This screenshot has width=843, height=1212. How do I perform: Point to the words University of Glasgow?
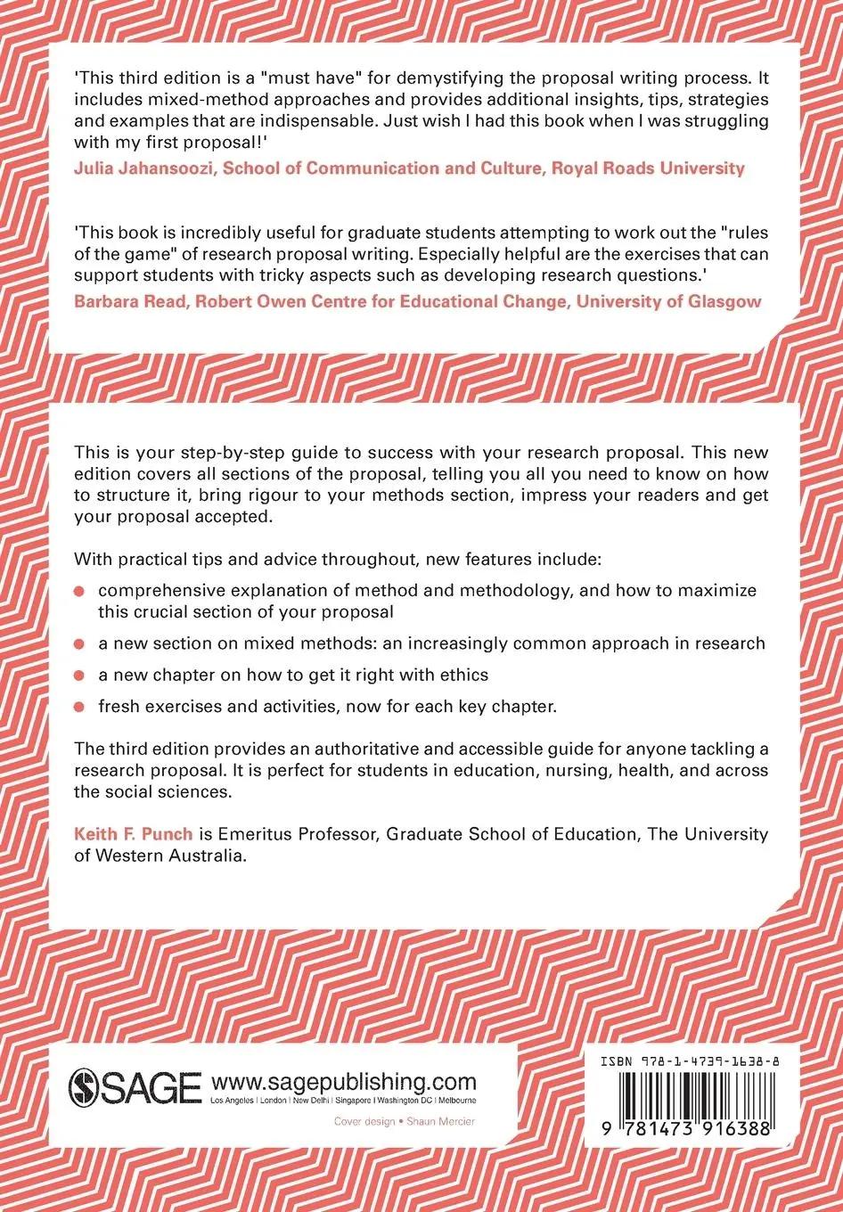click(668, 300)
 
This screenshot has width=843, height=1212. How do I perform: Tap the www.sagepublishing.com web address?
click(344, 1081)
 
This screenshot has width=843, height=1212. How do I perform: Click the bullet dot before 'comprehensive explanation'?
click(79, 591)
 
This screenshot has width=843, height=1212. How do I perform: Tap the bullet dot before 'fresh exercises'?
click(79, 707)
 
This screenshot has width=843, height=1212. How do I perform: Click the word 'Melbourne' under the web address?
click(457, 1101)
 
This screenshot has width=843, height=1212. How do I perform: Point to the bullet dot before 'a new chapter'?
click(79, 676)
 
